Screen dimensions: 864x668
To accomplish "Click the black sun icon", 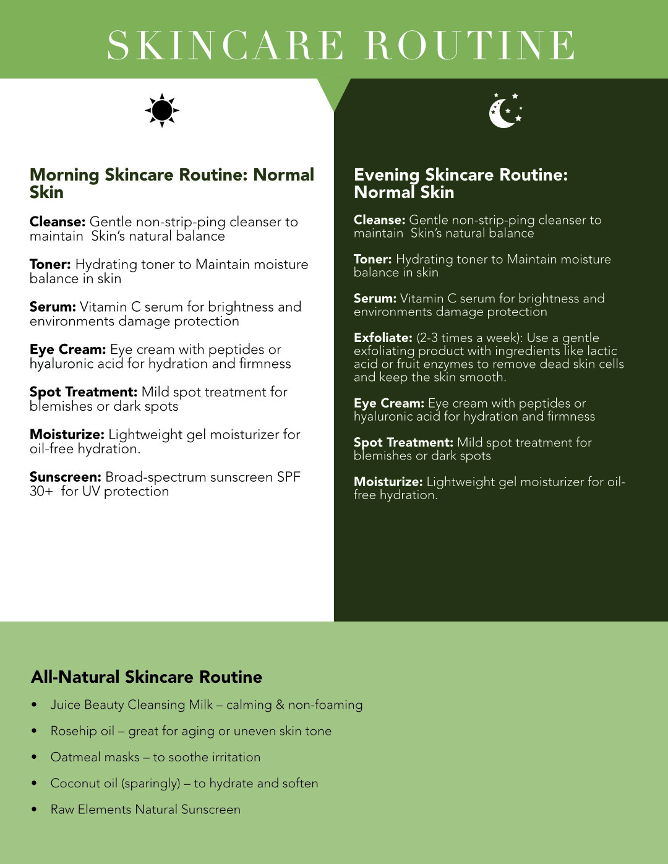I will click(x=162, y=111).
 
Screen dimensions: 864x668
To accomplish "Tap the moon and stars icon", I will click(x=505, y=111).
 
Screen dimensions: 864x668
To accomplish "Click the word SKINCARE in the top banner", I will click(x=225, y=45).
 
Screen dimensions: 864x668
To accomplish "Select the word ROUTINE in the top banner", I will click(x=470, y=45).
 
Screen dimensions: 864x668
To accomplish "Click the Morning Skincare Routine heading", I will click(x=171, y=183).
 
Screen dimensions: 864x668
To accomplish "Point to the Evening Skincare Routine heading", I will click(x=460, y=183).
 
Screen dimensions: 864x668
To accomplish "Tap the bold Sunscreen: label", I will click(x=65, y=477).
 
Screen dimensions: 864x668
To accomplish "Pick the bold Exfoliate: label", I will click(x=382, y=338).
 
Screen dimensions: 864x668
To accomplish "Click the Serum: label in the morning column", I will click(x=53, y=307).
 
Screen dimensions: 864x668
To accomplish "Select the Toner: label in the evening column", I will click(x=372, y=259).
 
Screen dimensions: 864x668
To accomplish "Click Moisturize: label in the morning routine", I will click(x=67, y=435).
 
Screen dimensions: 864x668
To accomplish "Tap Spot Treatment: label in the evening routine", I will click(x=403, y=442).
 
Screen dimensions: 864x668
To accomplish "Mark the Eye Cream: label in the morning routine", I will click(x=67, y=349).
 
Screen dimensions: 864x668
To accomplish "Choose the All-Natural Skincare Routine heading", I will click(x=147, y=677).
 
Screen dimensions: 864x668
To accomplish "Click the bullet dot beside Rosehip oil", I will click(x=34, y=731).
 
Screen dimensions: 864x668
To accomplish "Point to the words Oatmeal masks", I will click(x=95, y=757).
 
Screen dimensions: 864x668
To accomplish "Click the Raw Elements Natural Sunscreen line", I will click(x=145, y=809).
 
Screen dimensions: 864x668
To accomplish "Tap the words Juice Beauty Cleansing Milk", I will click(x=131, y=704).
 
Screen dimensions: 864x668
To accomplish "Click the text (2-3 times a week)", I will click(x=469, y=338).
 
